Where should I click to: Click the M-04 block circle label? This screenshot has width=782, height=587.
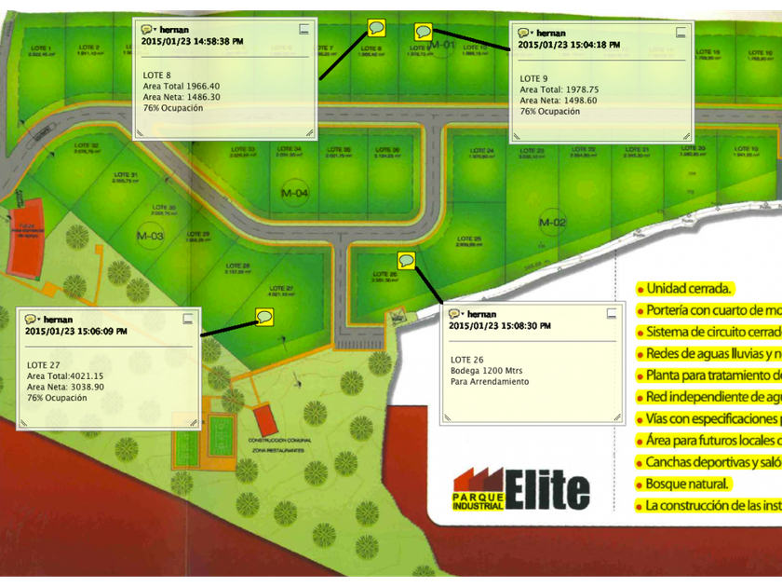point(294,193)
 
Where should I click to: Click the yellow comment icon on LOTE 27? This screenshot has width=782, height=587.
point(264,317)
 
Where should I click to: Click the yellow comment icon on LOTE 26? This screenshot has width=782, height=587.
point(406,260)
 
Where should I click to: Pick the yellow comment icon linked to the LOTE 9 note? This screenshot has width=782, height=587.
point(424,32)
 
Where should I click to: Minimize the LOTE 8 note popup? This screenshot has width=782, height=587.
point(303,30)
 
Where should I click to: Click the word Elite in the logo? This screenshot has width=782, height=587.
point(548,490)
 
